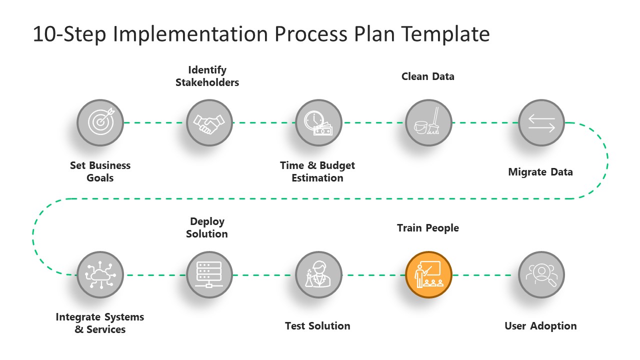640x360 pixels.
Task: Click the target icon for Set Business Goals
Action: point(100,122)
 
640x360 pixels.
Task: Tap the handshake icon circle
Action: point(209,122)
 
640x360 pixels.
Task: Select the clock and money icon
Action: point(318,122)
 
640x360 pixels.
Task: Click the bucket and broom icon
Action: point(428,122)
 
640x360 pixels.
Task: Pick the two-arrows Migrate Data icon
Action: point(541,122)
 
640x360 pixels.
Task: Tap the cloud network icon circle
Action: point(100,274)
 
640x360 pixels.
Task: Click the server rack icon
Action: point(209,274)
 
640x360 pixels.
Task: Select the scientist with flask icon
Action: point(318,274)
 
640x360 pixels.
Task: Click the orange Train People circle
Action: point(428,274)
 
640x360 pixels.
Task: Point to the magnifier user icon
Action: point(541,274)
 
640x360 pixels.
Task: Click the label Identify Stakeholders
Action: point(207,76)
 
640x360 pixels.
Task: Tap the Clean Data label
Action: point(428,76)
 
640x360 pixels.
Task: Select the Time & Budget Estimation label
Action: point(317,171)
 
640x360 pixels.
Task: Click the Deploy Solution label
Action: point(207,227)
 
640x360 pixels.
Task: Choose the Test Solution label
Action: point(317,326)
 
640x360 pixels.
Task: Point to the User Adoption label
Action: point(540,326)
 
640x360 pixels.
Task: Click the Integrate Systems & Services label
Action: point(100,323)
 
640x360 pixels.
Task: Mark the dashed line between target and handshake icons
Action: point(154,122)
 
